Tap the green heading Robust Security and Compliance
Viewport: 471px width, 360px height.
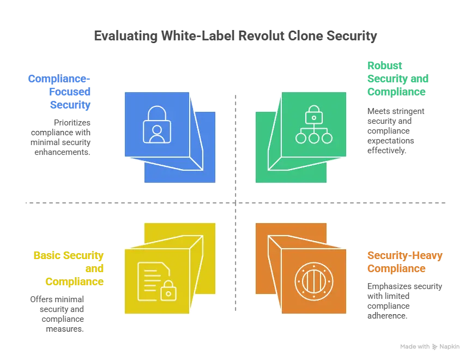click(x=398, y=78)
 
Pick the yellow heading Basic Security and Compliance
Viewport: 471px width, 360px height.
click(x=68, y=269)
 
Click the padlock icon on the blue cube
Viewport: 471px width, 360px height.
click(x=156, y=124)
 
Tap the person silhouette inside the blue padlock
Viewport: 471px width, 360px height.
click(x=156, y=133)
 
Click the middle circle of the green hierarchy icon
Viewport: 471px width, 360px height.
click(x=313, y=138)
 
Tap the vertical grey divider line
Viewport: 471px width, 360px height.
click(x=235, y=164)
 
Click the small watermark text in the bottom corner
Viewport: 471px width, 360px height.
click(x=426, y=345)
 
